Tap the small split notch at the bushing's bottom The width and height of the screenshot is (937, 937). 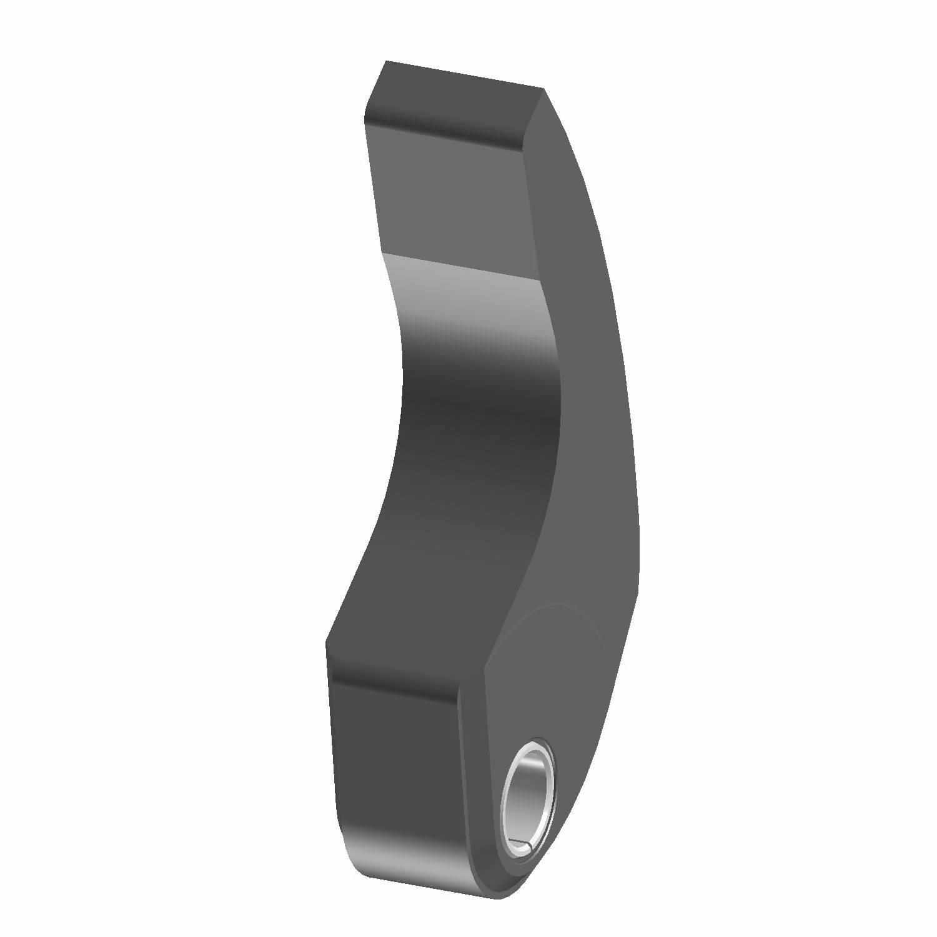[x=523, y=846]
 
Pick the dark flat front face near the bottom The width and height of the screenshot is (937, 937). [x=397, y=750]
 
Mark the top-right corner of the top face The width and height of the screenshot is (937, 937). [x=543, y=89]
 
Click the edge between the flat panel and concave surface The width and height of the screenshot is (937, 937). [x=462, y=265]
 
